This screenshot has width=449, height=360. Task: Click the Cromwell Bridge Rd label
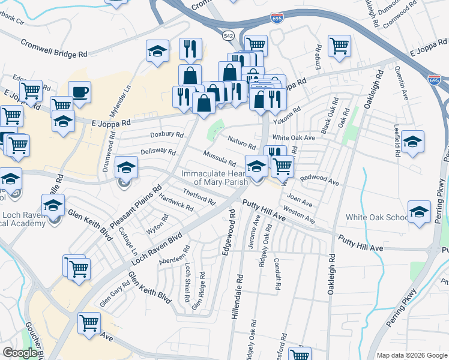point(54,49)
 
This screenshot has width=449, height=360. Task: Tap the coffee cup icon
point(79,92)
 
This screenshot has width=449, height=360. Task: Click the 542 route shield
point(228,37)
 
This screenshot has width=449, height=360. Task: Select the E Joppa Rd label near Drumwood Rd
point(111,122)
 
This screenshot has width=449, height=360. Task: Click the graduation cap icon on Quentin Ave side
point(412,142)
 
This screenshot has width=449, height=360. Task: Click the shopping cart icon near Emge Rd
point(339,45)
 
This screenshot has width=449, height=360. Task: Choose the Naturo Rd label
point(242,143)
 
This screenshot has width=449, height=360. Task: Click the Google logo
point(20,353)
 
